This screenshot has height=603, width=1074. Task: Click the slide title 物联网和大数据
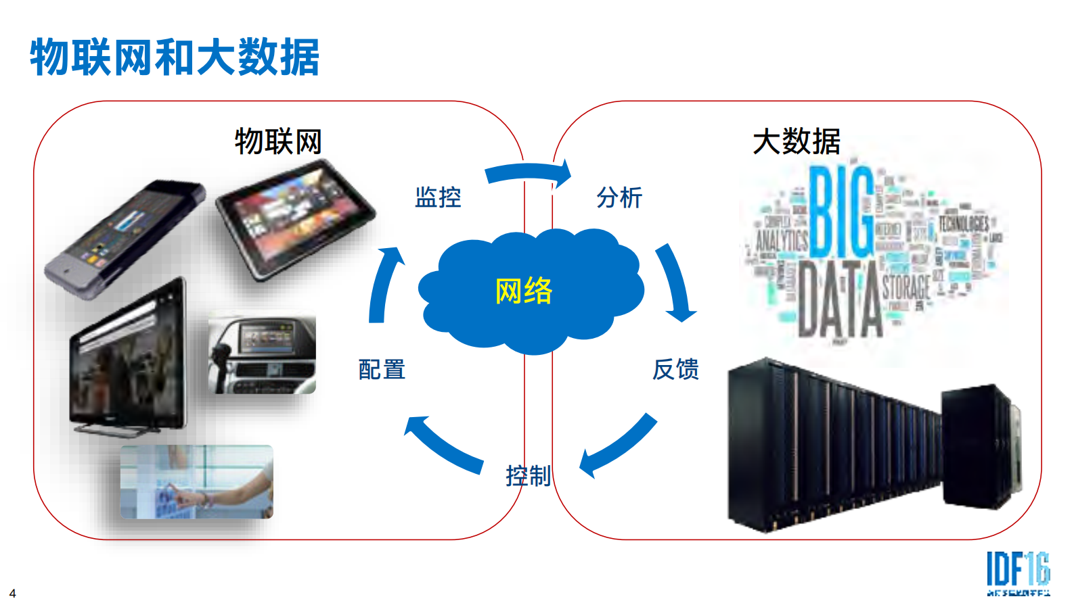[175, 57]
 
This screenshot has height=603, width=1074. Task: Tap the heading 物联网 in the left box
[278, 142]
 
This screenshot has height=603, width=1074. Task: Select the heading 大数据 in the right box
[797, 142]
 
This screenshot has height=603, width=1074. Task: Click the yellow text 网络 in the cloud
[524, 291]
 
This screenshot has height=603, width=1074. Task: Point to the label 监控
[438, 197]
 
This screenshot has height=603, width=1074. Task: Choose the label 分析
[619, 197]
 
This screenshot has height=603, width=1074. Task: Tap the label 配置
[382, 370]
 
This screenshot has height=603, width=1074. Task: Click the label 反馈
[675, 370]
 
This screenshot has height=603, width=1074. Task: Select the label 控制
[528, 476]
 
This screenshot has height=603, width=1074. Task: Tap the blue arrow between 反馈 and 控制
[618, 446]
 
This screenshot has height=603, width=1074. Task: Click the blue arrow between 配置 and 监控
[384, 284]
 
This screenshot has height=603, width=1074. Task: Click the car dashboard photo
[262, 353]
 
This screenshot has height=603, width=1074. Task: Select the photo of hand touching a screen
[197, 481]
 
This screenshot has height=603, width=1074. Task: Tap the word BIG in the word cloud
[841, 212]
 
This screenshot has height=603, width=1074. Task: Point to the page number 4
[12, 593]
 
